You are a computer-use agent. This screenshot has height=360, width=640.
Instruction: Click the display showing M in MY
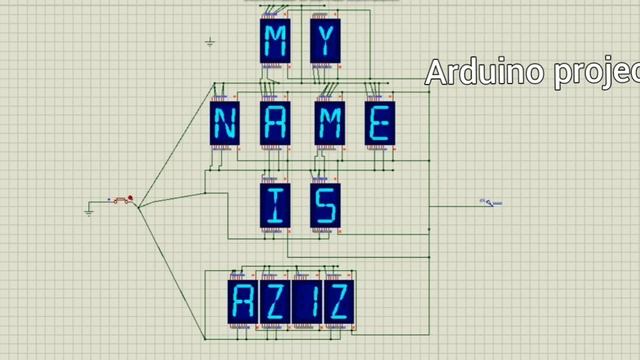pos(273,41)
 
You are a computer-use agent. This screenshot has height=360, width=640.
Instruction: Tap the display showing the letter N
pos(224,124)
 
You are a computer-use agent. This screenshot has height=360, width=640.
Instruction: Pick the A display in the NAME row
pos(274,124)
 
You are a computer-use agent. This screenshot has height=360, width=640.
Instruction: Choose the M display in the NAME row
pos(329,124)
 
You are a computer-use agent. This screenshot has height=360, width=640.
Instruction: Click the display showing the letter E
pos(379,124)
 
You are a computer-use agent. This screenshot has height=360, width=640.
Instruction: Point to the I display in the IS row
pos(274,206)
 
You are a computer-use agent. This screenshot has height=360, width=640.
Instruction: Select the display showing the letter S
pos(324,206)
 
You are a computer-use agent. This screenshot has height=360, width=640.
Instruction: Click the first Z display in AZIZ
pos(274,300)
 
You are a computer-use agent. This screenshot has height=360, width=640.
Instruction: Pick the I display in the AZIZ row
pos(306,300)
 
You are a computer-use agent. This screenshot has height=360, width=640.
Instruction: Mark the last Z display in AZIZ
pos(338,300)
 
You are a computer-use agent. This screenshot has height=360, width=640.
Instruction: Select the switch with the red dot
pos(122,200)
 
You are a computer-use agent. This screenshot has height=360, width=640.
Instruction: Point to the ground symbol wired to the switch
pos(89,211)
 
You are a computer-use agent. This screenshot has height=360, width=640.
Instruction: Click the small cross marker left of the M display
pos(210,42)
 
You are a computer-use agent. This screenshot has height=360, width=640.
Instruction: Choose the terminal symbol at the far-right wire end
pos(491,203)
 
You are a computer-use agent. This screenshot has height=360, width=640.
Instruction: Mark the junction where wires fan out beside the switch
pos(140,206)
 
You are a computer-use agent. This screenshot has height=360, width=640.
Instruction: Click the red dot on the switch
pos(129,198)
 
